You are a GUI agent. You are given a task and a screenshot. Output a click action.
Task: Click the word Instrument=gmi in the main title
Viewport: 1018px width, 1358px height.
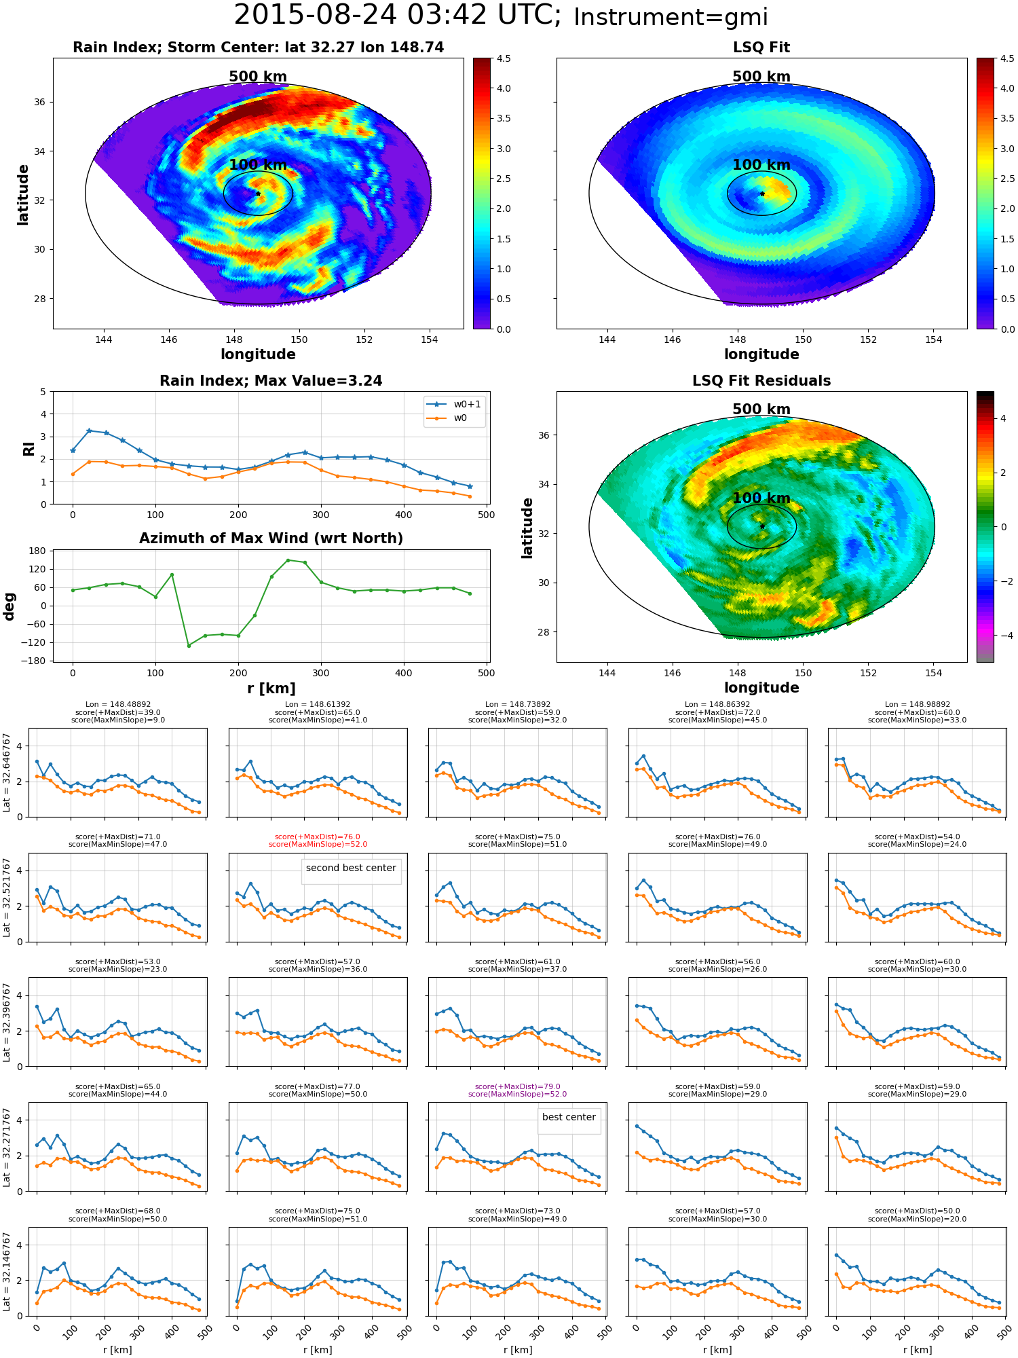click(671, 18)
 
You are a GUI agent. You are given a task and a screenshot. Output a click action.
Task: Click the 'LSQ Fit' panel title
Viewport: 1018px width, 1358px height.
click(761, 48)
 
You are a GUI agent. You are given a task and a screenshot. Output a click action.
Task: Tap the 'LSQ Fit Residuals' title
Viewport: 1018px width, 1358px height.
click(761, 381)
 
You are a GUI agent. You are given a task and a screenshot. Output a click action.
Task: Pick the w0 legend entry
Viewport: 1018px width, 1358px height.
click(448, 418)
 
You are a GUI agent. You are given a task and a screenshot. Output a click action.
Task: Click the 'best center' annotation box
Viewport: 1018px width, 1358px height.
click(569, 1117)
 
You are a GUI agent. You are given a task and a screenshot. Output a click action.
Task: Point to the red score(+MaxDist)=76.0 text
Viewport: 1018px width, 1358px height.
click(318, 837)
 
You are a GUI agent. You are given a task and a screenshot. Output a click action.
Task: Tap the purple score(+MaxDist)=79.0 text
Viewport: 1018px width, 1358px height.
click(517, 1086)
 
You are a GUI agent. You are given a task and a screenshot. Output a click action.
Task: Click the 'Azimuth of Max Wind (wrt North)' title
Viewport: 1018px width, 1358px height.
click(271, 538)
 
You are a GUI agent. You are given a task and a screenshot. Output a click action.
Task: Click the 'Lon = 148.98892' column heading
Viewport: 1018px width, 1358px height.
click(917, 705)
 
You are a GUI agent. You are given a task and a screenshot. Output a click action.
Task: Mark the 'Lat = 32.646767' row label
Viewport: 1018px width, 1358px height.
click(7, 773)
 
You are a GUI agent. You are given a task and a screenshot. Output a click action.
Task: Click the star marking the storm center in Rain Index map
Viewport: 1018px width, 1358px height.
click(258, 194)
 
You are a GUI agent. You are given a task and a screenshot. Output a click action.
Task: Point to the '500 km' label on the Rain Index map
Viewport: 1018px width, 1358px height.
click(258, 77)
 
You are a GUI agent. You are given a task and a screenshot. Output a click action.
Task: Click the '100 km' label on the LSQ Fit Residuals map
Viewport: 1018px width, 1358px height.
click(761, 498)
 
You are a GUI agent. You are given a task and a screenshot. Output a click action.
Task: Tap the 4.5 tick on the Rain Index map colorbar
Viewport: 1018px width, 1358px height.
click(503, 58)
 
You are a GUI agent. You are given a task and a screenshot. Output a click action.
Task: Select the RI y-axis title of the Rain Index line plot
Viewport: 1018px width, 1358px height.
click(29, 448)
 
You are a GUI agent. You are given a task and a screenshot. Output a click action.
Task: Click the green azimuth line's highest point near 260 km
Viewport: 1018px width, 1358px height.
click(288, 560)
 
